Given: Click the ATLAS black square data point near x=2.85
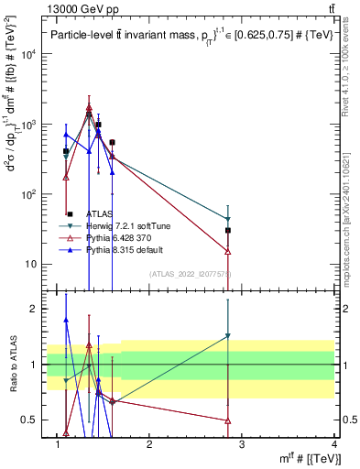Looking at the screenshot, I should coord(228,231).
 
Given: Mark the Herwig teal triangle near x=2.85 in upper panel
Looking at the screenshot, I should coord(228,220).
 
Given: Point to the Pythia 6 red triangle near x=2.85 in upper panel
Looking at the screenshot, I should coord(228,251).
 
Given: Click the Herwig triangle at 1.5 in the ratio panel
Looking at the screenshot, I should coord(228,336).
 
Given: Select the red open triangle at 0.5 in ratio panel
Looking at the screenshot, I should coord(228,420).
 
